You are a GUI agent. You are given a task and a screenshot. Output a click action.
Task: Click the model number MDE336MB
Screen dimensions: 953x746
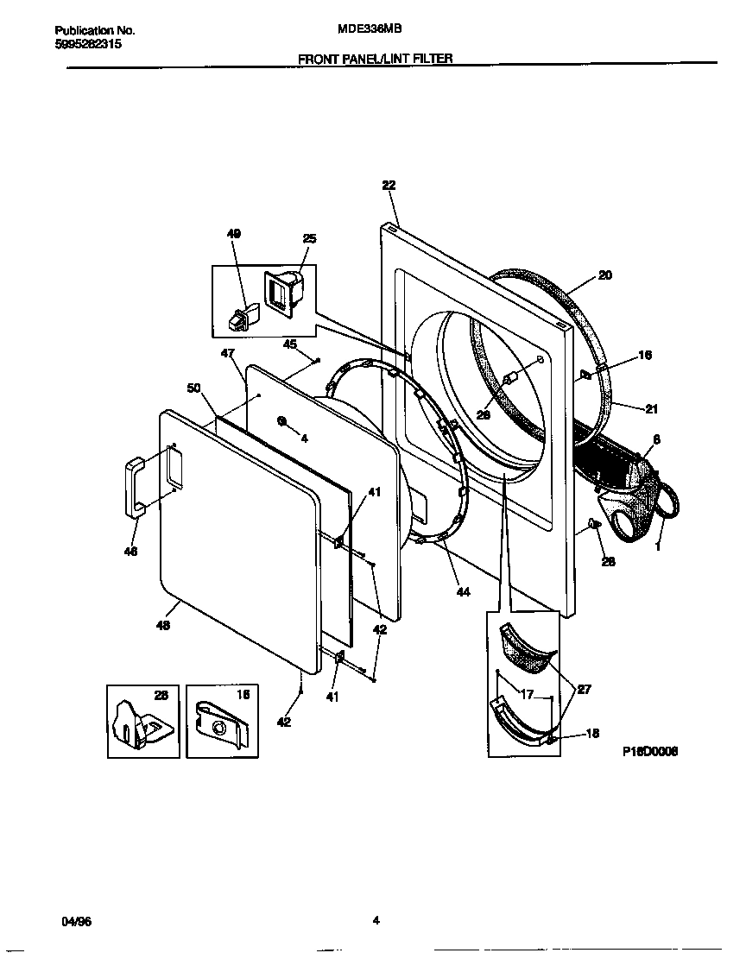(x=369, y=29)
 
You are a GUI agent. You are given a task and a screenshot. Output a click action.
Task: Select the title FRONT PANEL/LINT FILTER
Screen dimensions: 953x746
(x=376, y=59)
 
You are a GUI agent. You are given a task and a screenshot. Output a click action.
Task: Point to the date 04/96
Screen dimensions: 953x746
(x=77, y=921)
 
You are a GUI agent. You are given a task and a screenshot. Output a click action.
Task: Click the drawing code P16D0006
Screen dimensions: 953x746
(x=649, y=751)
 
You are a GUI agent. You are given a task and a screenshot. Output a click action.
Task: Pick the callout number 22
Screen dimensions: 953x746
(x=389, y=185)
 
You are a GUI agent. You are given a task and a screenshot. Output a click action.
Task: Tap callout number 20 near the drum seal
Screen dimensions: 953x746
(x=604, y=276)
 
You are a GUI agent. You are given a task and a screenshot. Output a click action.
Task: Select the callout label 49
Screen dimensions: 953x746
(x=234, y=234)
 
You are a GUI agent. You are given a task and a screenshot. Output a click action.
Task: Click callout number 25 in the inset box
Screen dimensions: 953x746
(x=308, y=238)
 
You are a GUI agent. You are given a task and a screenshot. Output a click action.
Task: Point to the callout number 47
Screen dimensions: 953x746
(x=227, y=354)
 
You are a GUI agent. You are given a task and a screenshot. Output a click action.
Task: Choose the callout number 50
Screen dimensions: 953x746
(x=194, y=388)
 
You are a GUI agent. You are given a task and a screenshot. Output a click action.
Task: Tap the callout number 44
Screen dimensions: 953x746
(x=463, y=591)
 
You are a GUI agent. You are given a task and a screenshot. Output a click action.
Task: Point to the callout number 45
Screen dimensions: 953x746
(x=290, y=344)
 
